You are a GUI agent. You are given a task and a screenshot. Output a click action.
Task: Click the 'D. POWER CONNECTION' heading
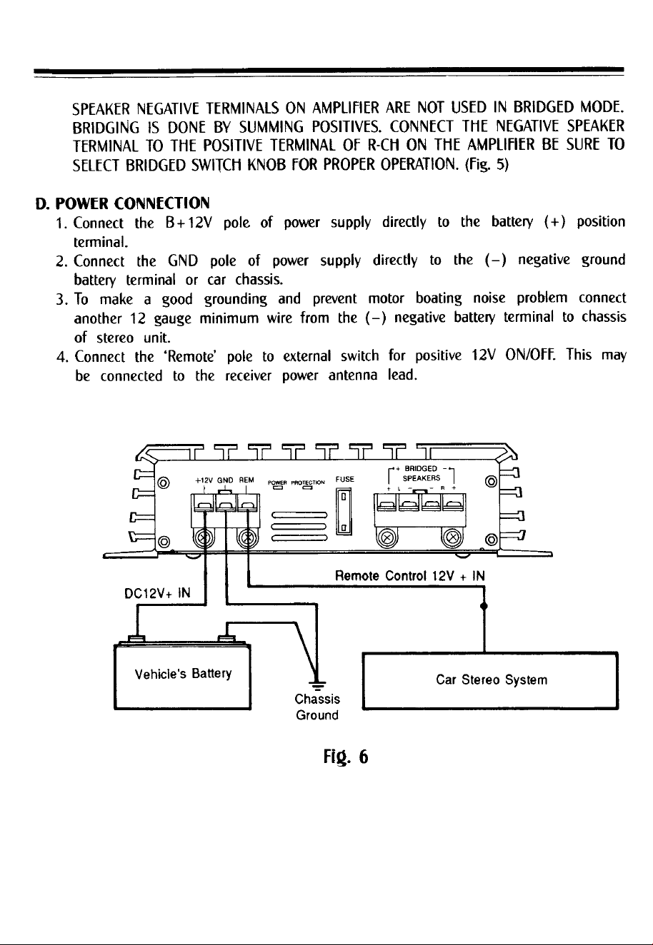[122, 203]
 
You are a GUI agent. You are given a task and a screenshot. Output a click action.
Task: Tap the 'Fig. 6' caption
[346, 757]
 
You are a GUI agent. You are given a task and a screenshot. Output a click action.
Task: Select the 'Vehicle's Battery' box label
[183, 673]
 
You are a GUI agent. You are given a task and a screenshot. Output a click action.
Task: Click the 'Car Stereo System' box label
[492, 679]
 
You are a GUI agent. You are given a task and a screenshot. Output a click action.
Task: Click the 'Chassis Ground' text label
[317, 707]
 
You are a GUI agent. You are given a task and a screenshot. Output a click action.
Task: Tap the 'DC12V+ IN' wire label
[157, 594]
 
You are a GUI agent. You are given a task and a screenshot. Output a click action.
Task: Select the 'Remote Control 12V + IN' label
[409, 576]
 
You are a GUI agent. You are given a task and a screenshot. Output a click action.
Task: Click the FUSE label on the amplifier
[344, 479]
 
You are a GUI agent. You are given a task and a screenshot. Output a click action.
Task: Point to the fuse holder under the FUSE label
[344, 511]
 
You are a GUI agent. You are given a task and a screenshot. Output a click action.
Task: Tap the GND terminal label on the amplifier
[225, 480]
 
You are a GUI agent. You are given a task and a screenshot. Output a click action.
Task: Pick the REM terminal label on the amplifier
[246, 480]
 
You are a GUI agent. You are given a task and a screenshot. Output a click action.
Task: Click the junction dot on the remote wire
[484, 606]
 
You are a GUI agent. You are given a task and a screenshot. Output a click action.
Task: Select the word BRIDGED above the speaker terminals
[421, 469]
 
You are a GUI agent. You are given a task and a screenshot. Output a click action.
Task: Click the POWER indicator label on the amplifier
[277, 482]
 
